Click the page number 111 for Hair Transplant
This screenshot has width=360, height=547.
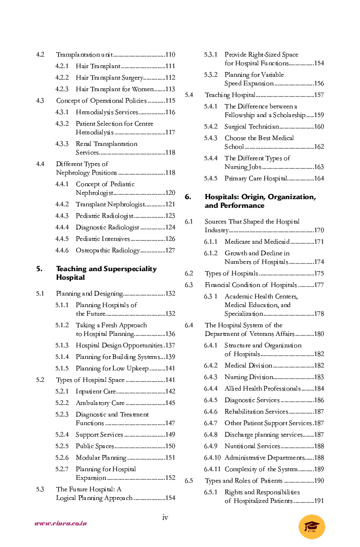tap(170, 66)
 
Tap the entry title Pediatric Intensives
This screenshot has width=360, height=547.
tap(103, 239)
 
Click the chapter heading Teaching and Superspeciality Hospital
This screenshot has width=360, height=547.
tap(106, 273)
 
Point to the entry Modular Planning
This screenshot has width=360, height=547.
tap(101, 458)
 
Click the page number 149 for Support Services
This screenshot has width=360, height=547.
tap(170, 435)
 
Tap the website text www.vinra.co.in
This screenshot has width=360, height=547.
tap(60, 523)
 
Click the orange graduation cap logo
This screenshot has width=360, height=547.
tap(312, 526)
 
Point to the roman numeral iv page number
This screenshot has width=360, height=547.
tap(165, 517)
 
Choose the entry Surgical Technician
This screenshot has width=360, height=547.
tap(251, 127)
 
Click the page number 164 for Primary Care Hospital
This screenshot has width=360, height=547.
tap(319, 178)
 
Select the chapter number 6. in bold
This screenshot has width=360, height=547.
tap(188, 197)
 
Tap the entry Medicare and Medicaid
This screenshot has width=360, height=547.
tap(257, 242)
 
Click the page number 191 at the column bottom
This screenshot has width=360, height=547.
tap(319, 501)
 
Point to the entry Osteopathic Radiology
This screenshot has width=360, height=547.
tap(108, 250)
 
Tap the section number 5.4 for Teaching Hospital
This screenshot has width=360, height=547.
tap(189, 95)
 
